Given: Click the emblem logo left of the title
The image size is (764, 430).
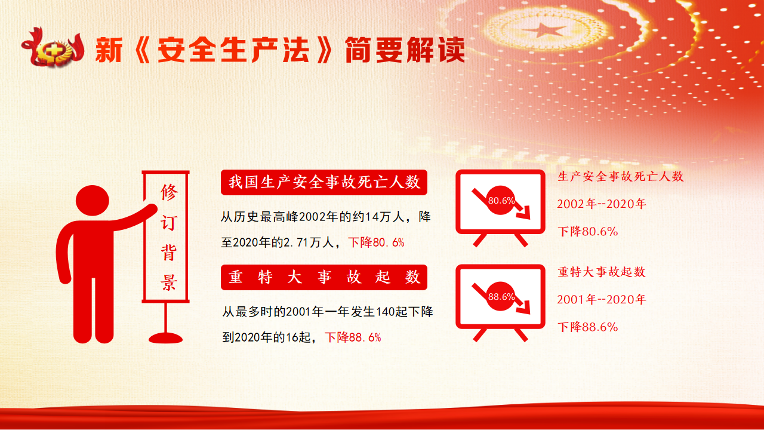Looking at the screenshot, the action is [x=53, y=48].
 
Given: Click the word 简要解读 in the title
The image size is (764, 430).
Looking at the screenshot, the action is [x=405, y=50].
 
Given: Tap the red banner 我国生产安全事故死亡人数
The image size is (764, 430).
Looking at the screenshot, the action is [x=324, y=182].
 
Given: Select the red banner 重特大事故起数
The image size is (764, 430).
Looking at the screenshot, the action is [x=324, y=277].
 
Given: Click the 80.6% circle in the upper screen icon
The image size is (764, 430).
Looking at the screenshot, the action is [x=501, y=200].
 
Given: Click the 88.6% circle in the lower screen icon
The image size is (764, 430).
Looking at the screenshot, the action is [x=501, y=296].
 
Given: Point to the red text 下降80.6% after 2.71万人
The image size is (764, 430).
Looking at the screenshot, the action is [x=376, y=242].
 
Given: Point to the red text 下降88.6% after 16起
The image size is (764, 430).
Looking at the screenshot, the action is [x=353, y=337].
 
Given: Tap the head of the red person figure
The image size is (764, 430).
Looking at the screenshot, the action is [x=93, y=201].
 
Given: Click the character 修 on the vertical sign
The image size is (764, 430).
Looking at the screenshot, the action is [x=169, y=192].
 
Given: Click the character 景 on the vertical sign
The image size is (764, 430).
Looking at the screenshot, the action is [x=169, y=282].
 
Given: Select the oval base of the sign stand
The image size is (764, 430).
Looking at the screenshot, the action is [x=166, y=338].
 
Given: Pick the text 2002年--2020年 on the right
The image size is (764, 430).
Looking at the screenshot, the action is [x=601, y=204].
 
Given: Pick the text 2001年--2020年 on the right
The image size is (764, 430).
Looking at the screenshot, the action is [x=601, y=300].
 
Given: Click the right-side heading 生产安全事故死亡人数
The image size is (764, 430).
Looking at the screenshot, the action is [x=620, y=176].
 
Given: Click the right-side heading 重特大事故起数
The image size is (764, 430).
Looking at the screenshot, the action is [x=602, y=272].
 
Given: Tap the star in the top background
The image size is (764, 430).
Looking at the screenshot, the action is [x=543, y=30].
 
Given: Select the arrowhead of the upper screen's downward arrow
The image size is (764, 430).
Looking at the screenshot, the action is [x=523, y=212].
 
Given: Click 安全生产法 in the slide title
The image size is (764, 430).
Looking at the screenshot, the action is [x=233, y=50].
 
